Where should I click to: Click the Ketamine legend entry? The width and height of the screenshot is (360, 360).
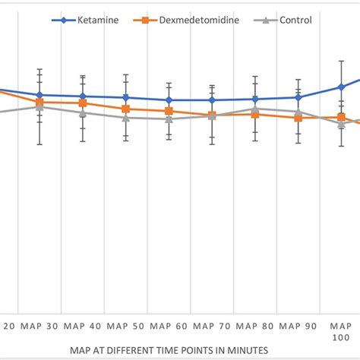(x=97, y=20)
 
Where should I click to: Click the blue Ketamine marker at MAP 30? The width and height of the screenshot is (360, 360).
(x=39, y=95)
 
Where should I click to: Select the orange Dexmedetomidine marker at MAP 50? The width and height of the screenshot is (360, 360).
(x=125, y=109)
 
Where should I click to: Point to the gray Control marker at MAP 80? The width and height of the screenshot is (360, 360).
(x=255, y=109)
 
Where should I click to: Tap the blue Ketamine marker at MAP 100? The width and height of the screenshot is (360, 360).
(x=342, y=87)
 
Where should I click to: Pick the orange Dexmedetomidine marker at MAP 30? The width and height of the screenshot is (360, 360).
(x=39, y=102)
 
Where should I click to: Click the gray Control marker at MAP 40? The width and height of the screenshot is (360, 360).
(x=82, y=112)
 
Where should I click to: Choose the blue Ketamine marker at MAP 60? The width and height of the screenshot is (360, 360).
(x=169, y=99)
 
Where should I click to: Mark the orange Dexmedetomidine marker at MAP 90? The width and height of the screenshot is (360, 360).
(x=298, y=118)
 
